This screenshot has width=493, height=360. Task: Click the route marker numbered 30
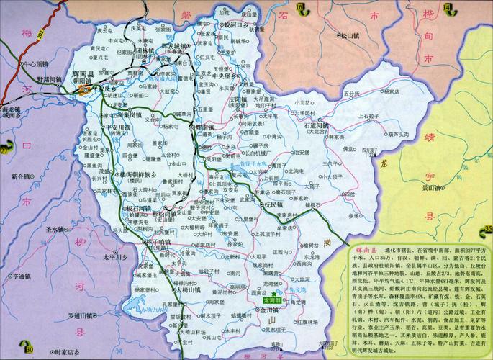click(29, 330)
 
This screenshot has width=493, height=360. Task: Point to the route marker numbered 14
click(448, 8)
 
